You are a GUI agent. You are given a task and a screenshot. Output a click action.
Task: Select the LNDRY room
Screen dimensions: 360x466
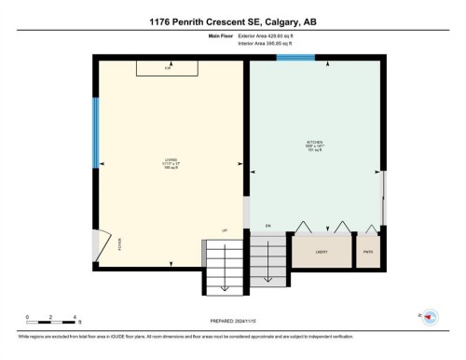[322, 252]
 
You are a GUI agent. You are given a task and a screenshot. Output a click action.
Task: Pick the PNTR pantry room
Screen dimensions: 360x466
[368, 252]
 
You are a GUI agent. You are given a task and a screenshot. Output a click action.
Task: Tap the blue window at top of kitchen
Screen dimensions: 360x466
[295, 59]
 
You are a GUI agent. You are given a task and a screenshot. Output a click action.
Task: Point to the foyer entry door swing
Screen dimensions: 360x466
[105, 242]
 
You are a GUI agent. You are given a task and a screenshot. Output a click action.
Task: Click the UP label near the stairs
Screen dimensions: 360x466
[225, 230]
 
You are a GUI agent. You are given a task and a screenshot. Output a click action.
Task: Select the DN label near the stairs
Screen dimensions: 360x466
[266, 227]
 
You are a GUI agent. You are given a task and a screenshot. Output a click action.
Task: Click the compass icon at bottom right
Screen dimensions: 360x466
[431, 317]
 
